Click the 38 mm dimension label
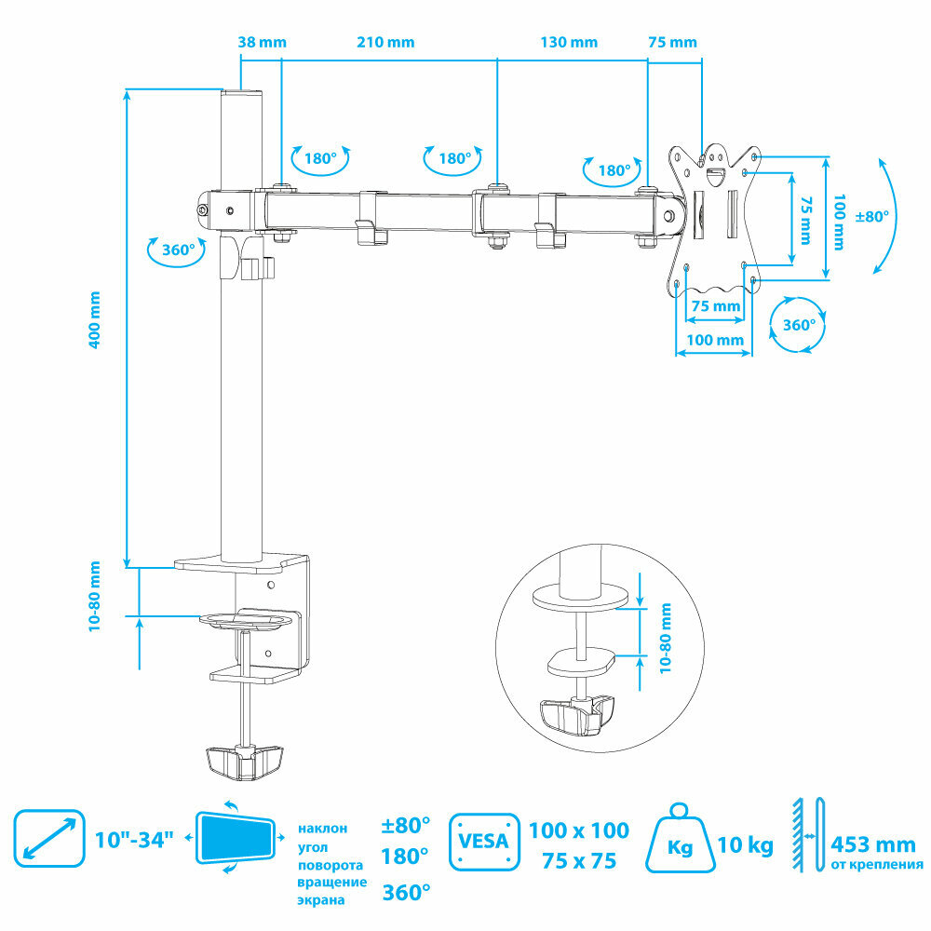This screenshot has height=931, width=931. (x=262, y=42)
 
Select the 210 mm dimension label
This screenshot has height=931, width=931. (x=385, y=42)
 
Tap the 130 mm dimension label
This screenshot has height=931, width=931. (x=569, y=42)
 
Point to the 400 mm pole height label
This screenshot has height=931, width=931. (x=94, y=319)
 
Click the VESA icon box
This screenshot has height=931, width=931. (x=483, y=842)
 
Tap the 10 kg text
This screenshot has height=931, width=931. (x=746, y=845)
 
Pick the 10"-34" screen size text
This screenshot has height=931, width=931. (x=135, y=840)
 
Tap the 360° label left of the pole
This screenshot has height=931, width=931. (x=178, y=250)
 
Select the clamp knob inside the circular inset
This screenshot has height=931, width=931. (x=578, y=714)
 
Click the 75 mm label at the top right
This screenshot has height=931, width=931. (x=671, y=42)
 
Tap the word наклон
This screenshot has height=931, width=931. (x=323, y=827)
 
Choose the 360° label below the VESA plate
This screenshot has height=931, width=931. (x=799, y=325)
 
